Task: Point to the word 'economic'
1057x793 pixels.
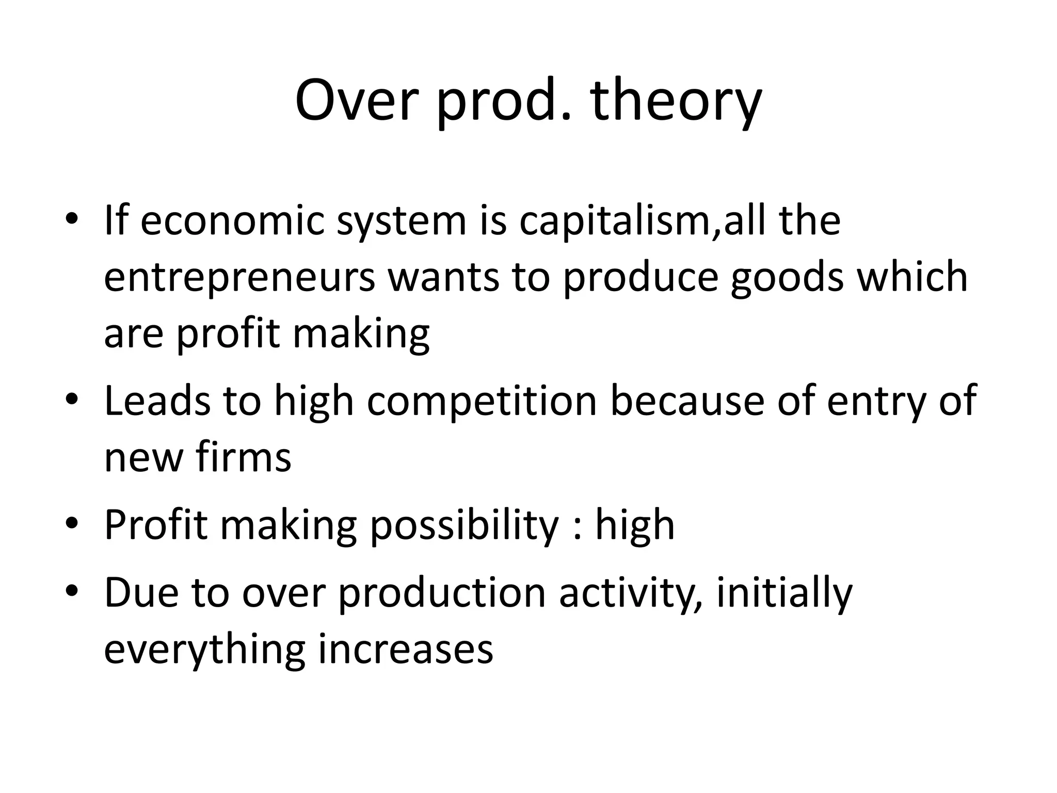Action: (232, 221)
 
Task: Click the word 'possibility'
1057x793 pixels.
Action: (464, 526)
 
